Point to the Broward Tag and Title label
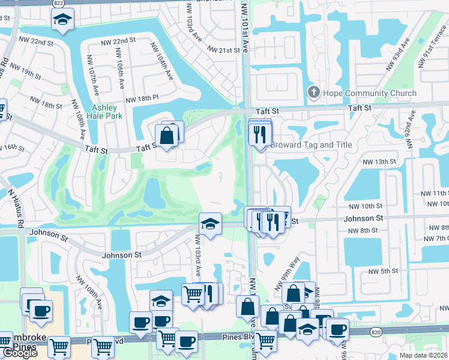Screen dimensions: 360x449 coord(311,145)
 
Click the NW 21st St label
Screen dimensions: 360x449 coord(223,50)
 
